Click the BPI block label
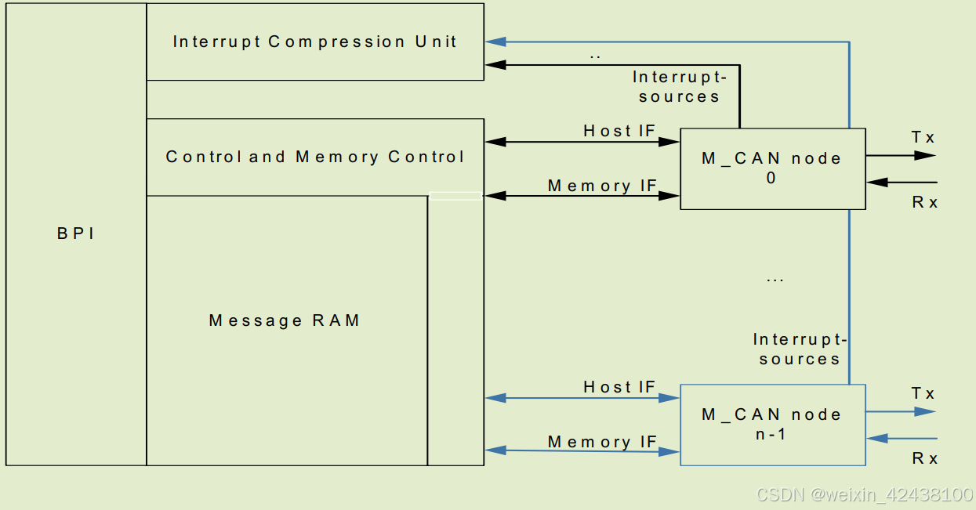(76, 233)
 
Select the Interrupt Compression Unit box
(314, 42)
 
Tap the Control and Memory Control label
(315, 157)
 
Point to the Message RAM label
(285, 320)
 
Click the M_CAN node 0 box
(772, 168)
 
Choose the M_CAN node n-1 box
(772, 425)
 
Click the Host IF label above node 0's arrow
(619, 131)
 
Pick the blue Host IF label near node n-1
(619, 387)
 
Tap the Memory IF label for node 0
(602, 186)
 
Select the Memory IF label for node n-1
(602, 442)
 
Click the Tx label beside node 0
(923, 138)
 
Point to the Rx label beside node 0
(925, 202)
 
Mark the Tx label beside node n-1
(923, 394)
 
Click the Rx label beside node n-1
(925, 458)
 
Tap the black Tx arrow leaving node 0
(902, 155)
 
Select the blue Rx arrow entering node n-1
(902, 439)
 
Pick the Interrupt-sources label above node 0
(679, 87)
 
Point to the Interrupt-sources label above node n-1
(800, 349)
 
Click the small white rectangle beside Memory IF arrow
(455, 196)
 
